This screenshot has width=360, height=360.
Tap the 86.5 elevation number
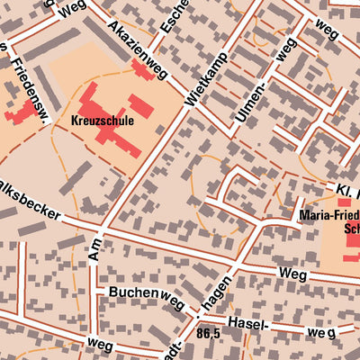208,333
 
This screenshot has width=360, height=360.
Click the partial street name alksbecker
30,209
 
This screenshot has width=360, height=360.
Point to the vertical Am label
95,248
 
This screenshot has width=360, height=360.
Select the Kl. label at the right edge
347,190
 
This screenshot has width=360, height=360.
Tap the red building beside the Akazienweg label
143,69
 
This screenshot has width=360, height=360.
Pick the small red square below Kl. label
344,202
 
